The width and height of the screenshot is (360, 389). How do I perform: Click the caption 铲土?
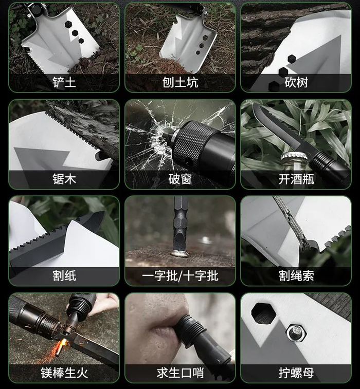[64, 82]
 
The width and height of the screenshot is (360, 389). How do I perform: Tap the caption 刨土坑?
[180, 82]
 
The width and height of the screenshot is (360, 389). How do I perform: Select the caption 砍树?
[296, 82]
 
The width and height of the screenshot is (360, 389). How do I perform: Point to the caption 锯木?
[64, 179]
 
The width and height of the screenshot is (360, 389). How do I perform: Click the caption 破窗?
[180, 179]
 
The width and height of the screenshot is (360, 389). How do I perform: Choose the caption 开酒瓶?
[296, 179]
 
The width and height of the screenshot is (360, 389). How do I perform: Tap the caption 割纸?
[64, 275]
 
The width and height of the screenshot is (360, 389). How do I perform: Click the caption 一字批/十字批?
[180, 275]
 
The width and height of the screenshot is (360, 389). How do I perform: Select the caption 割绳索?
[296, 275]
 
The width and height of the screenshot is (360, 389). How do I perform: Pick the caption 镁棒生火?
[64, 373]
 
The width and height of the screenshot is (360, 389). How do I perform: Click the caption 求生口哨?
[180, 373]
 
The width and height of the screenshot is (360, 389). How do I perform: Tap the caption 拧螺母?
[296, 373]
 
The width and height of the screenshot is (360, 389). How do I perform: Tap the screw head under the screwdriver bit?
[181, 253]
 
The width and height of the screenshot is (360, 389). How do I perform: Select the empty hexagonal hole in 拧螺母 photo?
[263, 313]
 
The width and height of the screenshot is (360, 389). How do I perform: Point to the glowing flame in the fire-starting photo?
[63, 344]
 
